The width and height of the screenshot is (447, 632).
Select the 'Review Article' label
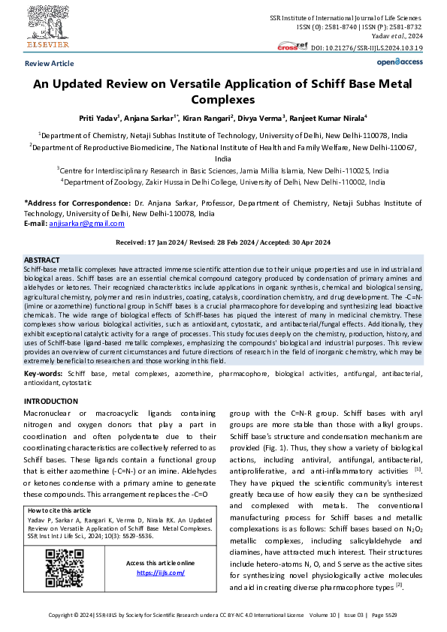(50, 64)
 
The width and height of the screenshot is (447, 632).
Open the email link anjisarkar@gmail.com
(81, 224)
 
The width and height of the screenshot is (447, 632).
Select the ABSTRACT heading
(42, 259)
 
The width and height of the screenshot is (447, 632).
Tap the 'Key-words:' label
(44, 373)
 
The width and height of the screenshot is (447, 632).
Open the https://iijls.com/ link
(160, 573)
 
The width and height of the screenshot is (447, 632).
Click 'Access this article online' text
(160, 563)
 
